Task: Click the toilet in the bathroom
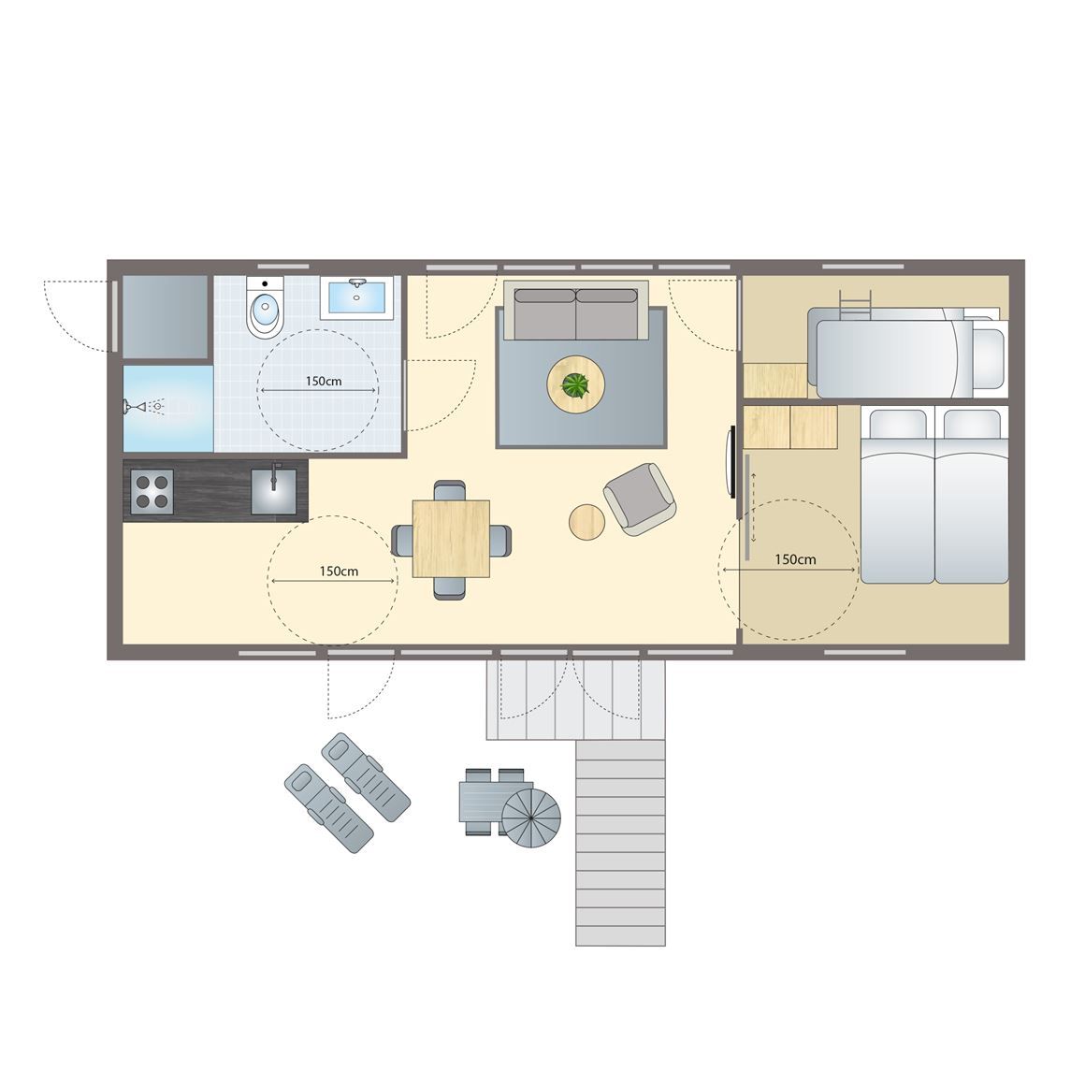point(265,310)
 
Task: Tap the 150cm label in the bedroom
point(795,559)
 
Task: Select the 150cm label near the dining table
point(339,571)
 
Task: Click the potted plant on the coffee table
point(575,384)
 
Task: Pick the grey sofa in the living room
point(576,312)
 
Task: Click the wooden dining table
point(452,539)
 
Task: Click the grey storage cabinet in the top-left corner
point(166,316)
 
